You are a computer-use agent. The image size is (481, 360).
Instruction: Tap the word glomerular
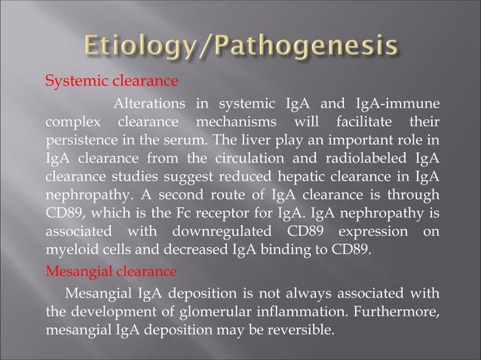pyautogui.click(x=231, y=310)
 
